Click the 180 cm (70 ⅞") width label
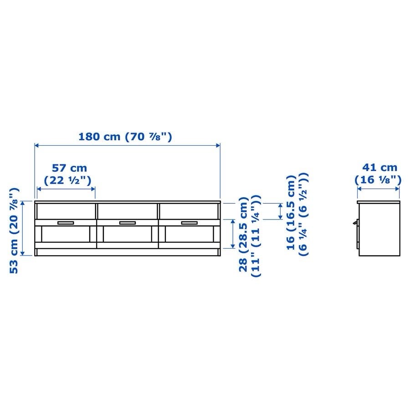[x=125, y=137]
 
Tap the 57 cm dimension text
[x=69, y=168]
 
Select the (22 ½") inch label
[x=67, y=180]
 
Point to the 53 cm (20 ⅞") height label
[x=15, y=231]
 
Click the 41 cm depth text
[x=379, y=167]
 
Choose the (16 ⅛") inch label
[x=378, y=179]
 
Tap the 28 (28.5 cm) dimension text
[x=243, y=234]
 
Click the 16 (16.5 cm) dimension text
[x=291, y=213]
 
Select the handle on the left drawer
[x=66, y=223]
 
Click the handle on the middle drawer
[x=128, y=223]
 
